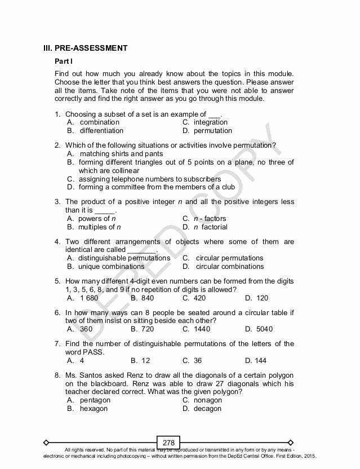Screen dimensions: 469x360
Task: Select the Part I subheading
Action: (x=64, y=61)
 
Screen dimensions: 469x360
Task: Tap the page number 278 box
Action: (x=168, y=443)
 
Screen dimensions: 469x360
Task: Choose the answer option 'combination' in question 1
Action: (x=100, y=122)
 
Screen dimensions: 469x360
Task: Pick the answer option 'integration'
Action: (x=211, y=122)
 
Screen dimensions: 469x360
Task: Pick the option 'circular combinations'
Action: (x=229, y=267)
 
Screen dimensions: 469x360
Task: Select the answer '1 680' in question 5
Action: (x=89, y=298)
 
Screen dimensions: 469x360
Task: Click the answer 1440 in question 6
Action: (x=202, y=329)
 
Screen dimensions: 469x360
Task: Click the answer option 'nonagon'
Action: (x=208, y=400)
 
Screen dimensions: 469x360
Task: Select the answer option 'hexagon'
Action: (x=94, y=409)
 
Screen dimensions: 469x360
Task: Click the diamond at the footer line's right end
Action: (x=291, y=443)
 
